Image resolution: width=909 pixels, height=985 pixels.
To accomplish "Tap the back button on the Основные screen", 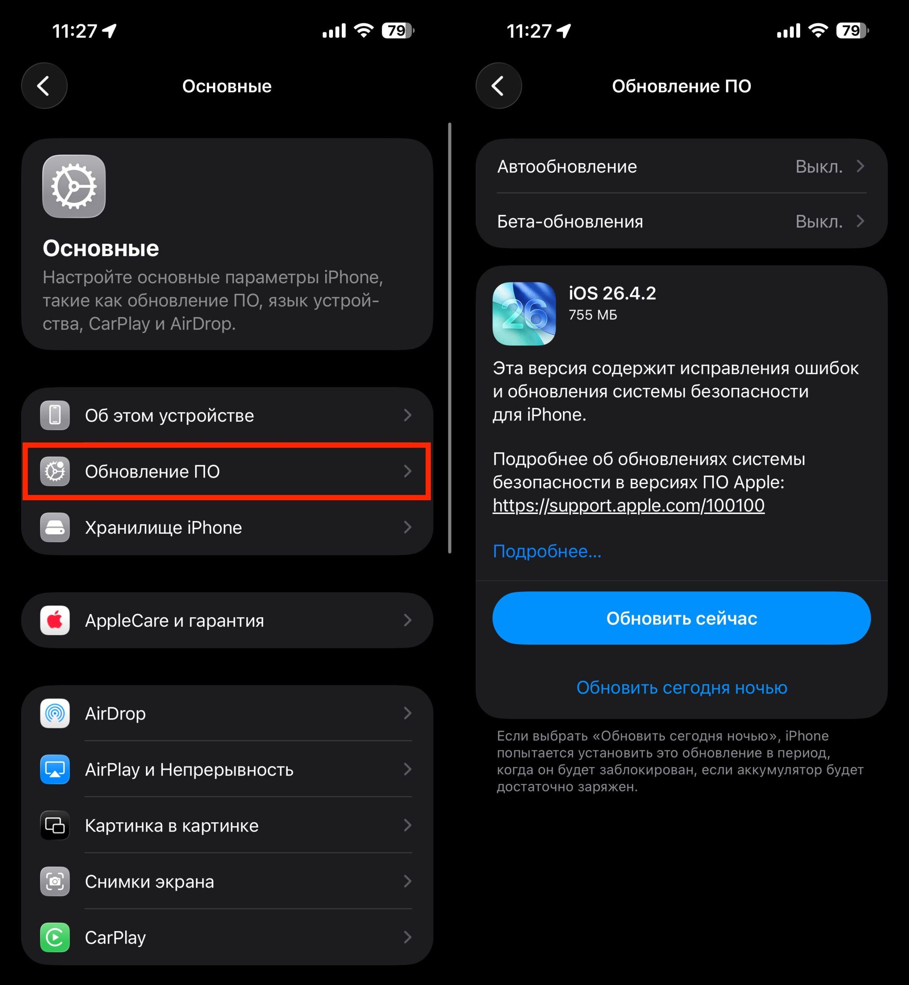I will [x=44, y=86].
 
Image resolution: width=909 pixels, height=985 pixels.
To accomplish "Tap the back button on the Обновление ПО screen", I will [x=498, y=86].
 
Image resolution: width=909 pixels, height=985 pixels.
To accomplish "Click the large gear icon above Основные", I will [x=74, y=186].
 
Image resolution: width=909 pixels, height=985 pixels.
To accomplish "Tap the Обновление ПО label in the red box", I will [x=152, y=472].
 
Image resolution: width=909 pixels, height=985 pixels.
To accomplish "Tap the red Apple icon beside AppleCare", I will [x=55, y=621].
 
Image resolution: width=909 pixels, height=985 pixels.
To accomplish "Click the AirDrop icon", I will [x=55, y=713].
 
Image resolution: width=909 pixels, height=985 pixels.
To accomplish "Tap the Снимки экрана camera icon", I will [x=55, y=882].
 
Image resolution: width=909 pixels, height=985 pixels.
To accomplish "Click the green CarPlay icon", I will [x=55, y=938].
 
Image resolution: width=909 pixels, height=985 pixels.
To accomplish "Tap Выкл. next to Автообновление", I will [x=819, y=167].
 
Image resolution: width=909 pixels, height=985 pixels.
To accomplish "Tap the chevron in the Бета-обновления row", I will [x=860, y=221].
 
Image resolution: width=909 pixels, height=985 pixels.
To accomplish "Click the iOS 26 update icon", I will [x=524, y=314].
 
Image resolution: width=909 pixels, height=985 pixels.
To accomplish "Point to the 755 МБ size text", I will [x=593, y=315].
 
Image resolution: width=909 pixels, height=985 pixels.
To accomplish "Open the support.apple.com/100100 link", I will [x=628, y=506].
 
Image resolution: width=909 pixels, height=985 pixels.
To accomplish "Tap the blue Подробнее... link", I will [x=547, y=551].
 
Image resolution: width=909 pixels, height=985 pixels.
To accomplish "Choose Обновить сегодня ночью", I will [x=681, y=688].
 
